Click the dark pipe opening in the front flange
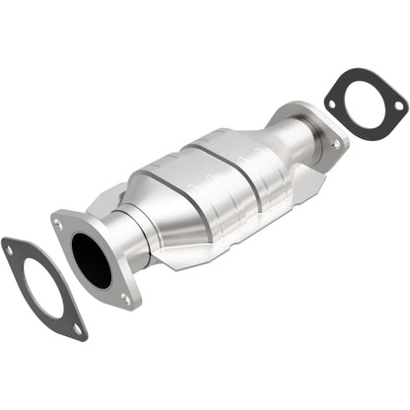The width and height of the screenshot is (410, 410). click(x=93, y=261)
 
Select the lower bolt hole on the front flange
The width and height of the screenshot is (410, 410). click(x=124, y=299)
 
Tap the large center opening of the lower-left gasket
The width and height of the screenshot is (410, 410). click(x=41, y=286)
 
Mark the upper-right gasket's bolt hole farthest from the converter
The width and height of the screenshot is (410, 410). click(x=398, y=105)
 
